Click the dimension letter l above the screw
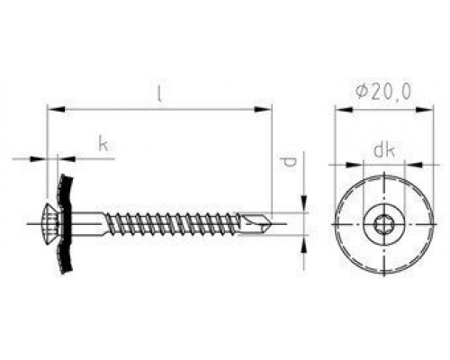[x=158, y=94]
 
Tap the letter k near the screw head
[x=104, y=144]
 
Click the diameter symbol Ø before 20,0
[x=361, y=93]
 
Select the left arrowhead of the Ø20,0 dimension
[x=339, y=111]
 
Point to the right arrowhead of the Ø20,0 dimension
[x=419, y=111]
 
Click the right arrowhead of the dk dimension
[x=401, y=165]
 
